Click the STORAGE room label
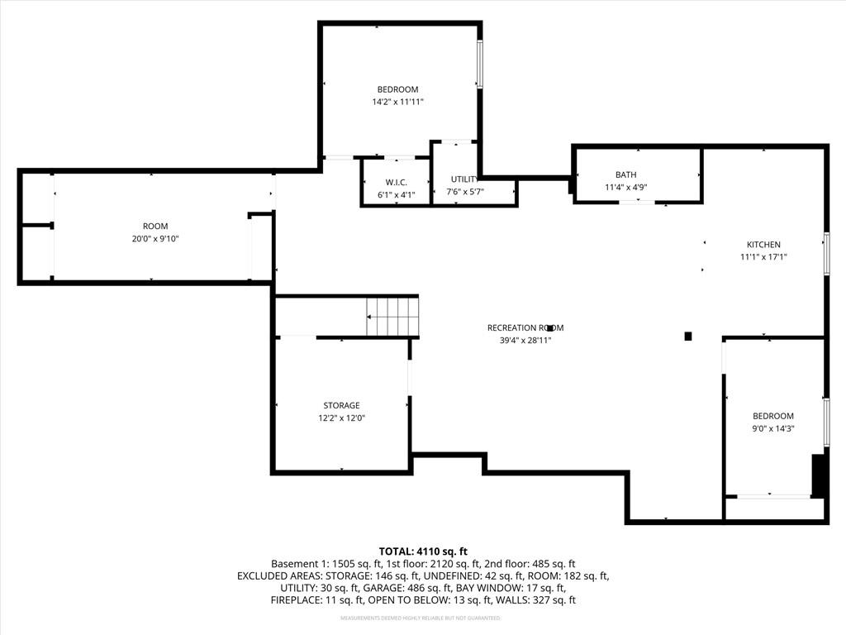[x=341, y=405]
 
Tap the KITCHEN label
[x=763, y=245]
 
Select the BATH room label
[x=626, y=174]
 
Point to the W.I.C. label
[x=396, y=183]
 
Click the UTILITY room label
[x=464, y=179]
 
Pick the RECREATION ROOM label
[x=525, y=327]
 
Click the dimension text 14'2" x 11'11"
[x=397, y=102]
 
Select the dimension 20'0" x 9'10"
[x=155, y=239]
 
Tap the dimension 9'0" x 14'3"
[x=773, y=429]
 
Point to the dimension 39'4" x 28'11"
[x=525, y=340]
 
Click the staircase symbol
[x=392, y=317]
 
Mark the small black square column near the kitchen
[x=688, y=337]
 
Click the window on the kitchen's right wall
[x=826, y=253]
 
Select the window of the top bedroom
[x=478, y=64]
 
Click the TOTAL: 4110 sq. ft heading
[x=423, y=551]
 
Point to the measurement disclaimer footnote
[x=421, y=618]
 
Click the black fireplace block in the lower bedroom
[x=819, y=475]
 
